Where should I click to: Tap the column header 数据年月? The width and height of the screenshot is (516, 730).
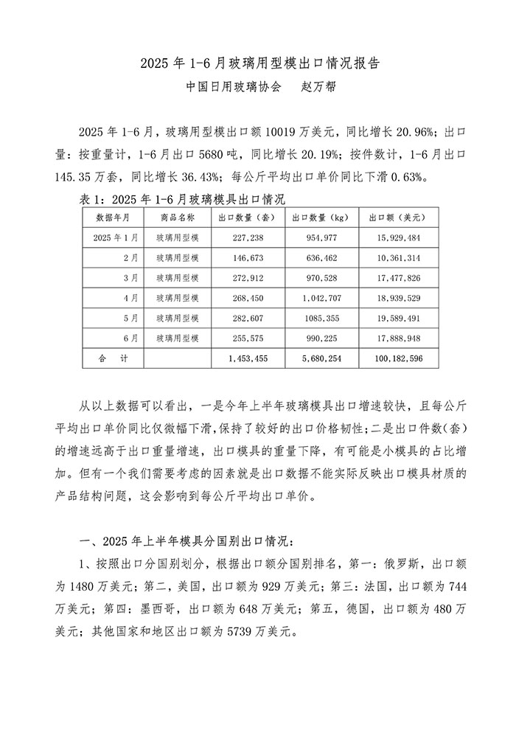coord(114,218)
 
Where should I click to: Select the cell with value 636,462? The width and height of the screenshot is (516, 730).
coord(321,258)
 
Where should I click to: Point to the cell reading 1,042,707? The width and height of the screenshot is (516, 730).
coord(321,298)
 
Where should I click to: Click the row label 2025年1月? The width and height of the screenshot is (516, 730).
coord(116,238)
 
